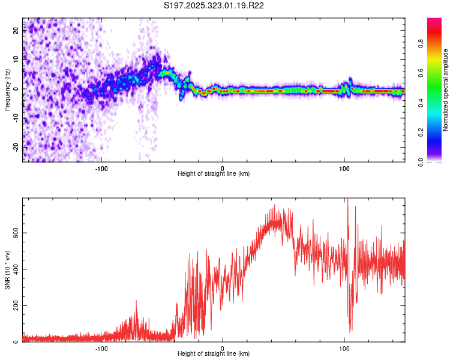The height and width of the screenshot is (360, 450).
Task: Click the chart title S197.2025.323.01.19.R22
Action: pyautogui.click(x=214, y=6)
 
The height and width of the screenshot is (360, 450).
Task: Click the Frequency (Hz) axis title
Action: pyautogui.click(x=7, y=89)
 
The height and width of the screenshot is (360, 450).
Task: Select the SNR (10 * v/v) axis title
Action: pyautogui.click(x=7, y=269)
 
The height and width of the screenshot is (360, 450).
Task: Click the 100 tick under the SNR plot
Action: pyautogui.click(x=344, y=348)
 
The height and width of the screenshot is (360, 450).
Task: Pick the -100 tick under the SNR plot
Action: pyautogui.click(x=101, y=348)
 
